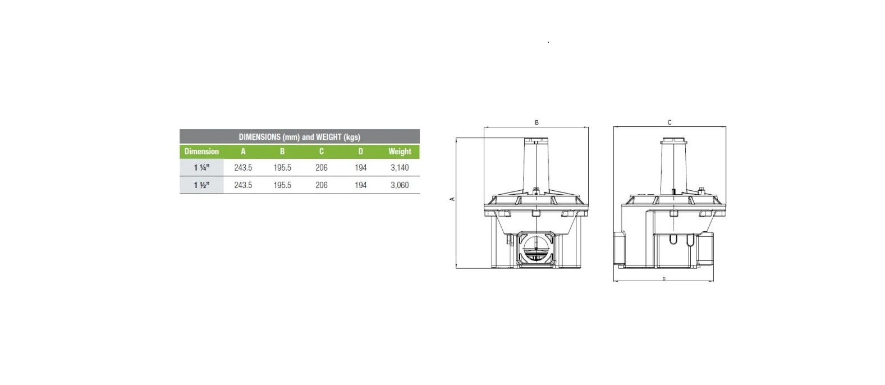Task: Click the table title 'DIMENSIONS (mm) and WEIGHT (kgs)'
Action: click(x=299, y=137)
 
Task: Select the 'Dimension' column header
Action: click(x=201, y=152)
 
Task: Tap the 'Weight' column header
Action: click(x=400, y=152)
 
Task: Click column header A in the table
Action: click(x=243, y=152)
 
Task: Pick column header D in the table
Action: click(x=360, y=152)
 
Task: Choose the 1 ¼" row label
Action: click(x=201, y=168)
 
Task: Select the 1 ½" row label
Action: click(x=201, y=185)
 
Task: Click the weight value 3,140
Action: click(x=400, y=168)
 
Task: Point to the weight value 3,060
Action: click(x=400, y=185)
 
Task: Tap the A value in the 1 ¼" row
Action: click(x=243, y=168)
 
